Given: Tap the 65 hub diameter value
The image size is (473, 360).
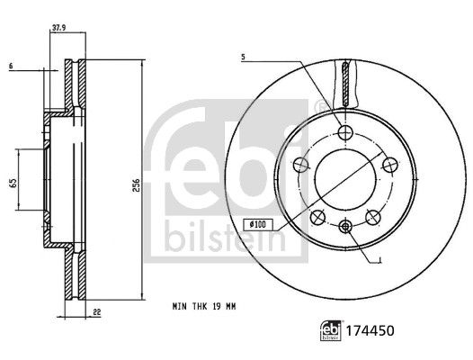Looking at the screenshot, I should click(13, 183).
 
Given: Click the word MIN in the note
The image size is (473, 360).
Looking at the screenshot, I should click(181, 308).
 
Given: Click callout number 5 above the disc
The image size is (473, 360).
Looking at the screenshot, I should click(243, 58).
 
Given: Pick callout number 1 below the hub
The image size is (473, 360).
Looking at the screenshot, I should click(383, 259).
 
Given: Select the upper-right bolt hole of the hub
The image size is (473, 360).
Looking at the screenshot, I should click(388, 164).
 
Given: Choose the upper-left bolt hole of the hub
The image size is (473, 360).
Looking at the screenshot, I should click(302, 165).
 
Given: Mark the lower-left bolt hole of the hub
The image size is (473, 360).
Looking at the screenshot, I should click(317, 215).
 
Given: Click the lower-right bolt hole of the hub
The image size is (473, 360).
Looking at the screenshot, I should click(371, 215).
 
